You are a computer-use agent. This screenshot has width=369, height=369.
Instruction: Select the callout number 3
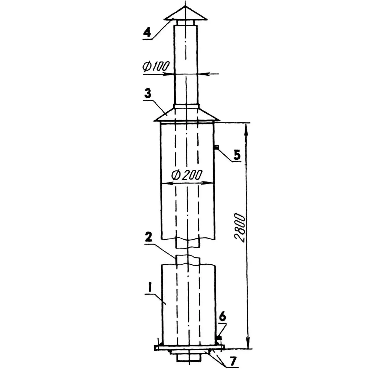148,94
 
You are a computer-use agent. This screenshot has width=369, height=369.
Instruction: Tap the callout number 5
237,155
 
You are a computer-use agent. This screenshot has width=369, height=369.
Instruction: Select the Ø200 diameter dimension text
187,174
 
